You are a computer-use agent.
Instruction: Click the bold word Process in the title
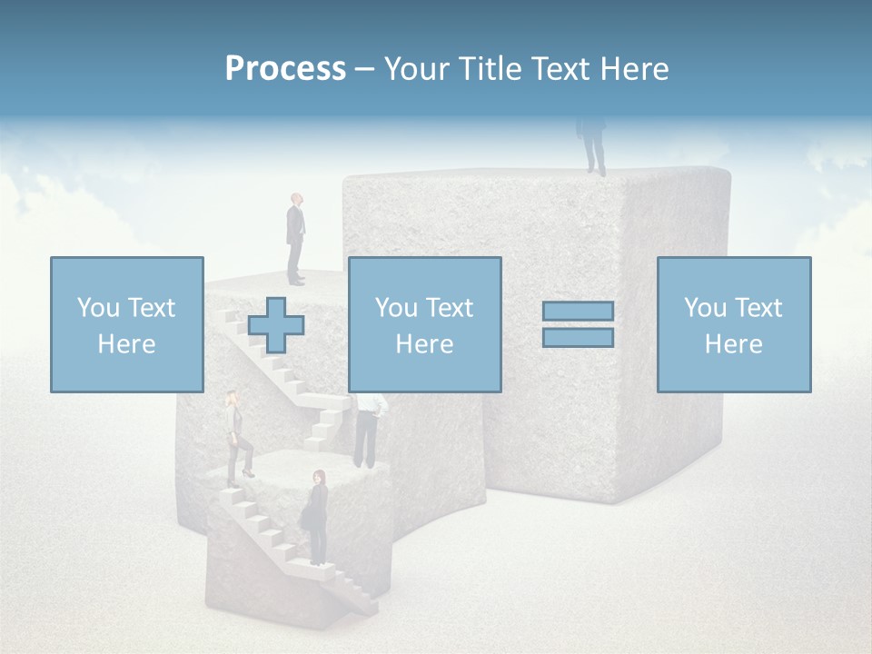tap(285, 69)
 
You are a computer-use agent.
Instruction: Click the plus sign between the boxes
tap(276, 324)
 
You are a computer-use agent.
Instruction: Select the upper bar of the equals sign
tap(578, 311)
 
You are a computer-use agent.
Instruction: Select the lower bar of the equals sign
tap(578, 337)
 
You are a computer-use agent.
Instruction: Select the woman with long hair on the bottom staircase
tap(317, 518)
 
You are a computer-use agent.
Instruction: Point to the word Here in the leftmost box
tap(126, 344)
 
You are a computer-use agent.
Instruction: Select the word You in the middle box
tap(396, 308)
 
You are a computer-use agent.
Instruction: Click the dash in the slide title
tap(365, 69)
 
